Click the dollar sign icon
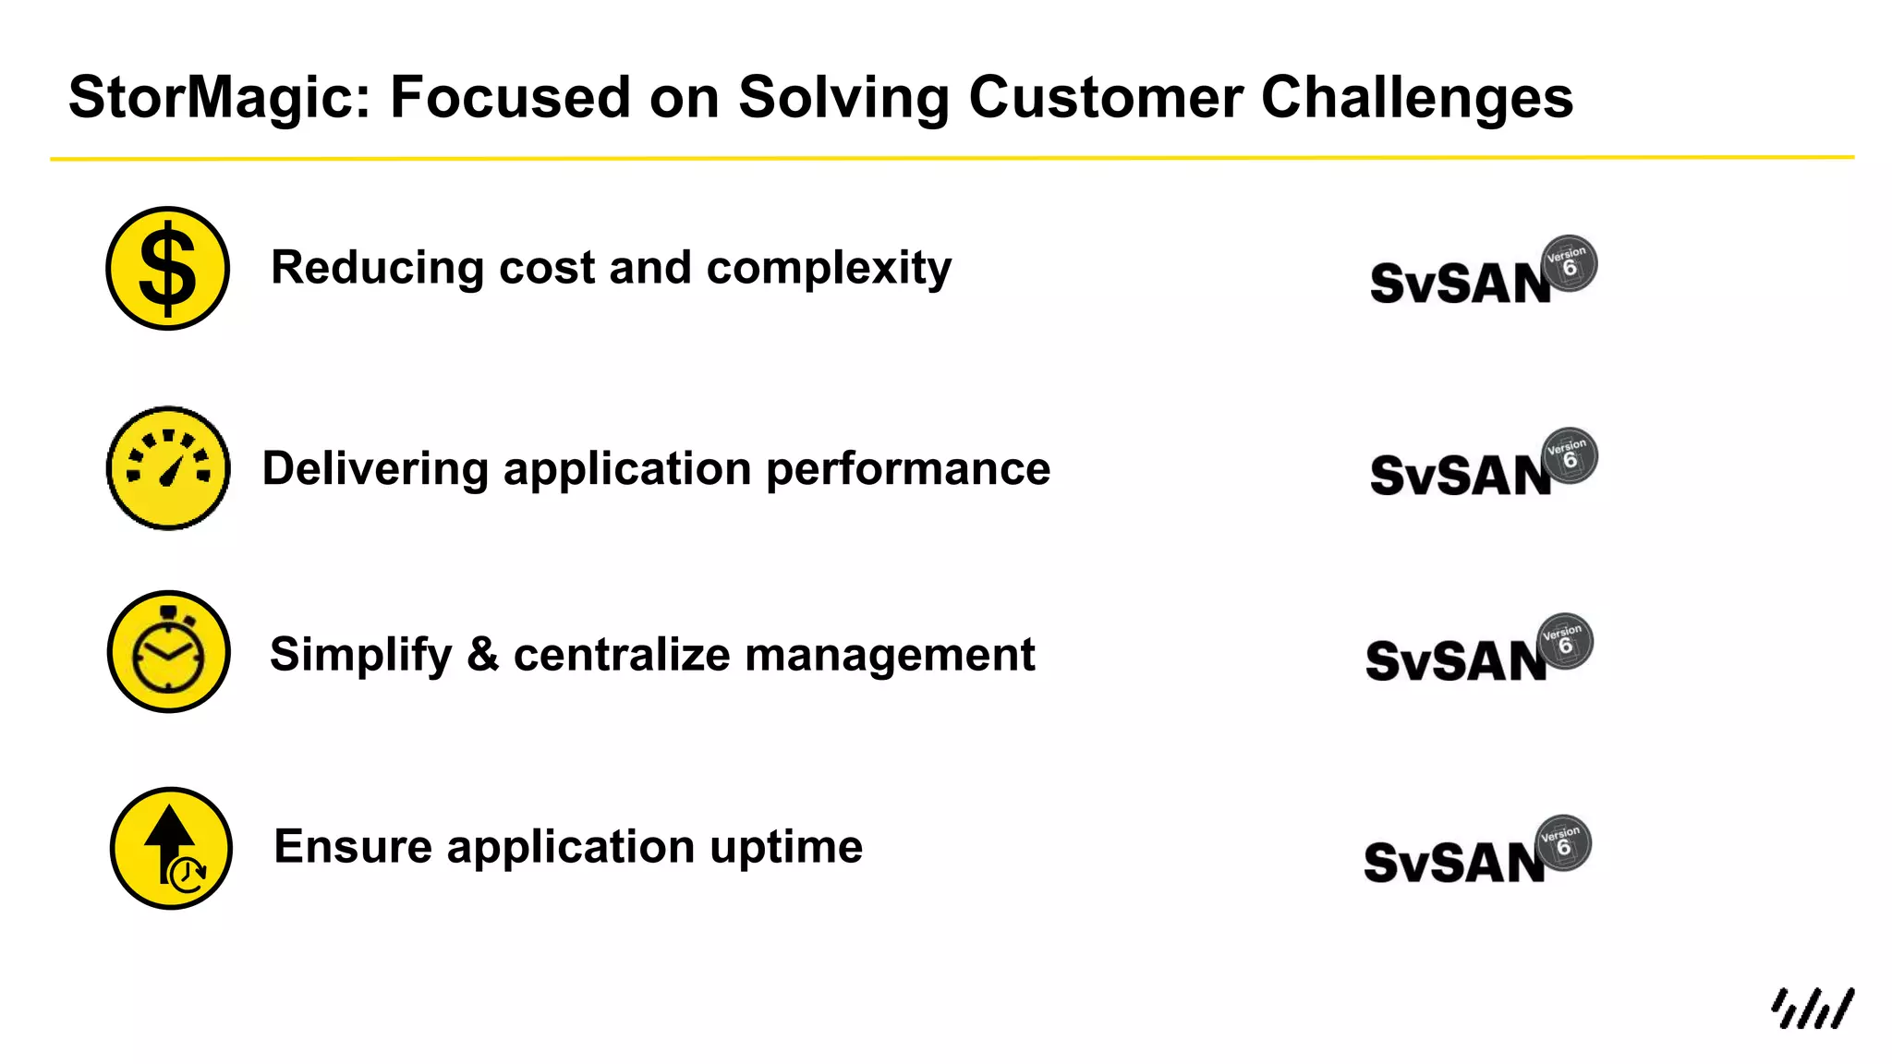click(167, 268)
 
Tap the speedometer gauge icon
click(168, 468)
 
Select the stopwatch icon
click(168, 652)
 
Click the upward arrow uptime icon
click(171, 848)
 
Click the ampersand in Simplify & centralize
click(482, 654)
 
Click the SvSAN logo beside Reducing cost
click(1460, 283)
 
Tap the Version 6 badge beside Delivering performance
click(1570, 455)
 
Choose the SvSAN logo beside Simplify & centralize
click(1456, 661)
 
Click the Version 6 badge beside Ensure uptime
click(1563, 842)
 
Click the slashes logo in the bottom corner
click(1812, 1008)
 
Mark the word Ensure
click(353, 847)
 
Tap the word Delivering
click(375, 469)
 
